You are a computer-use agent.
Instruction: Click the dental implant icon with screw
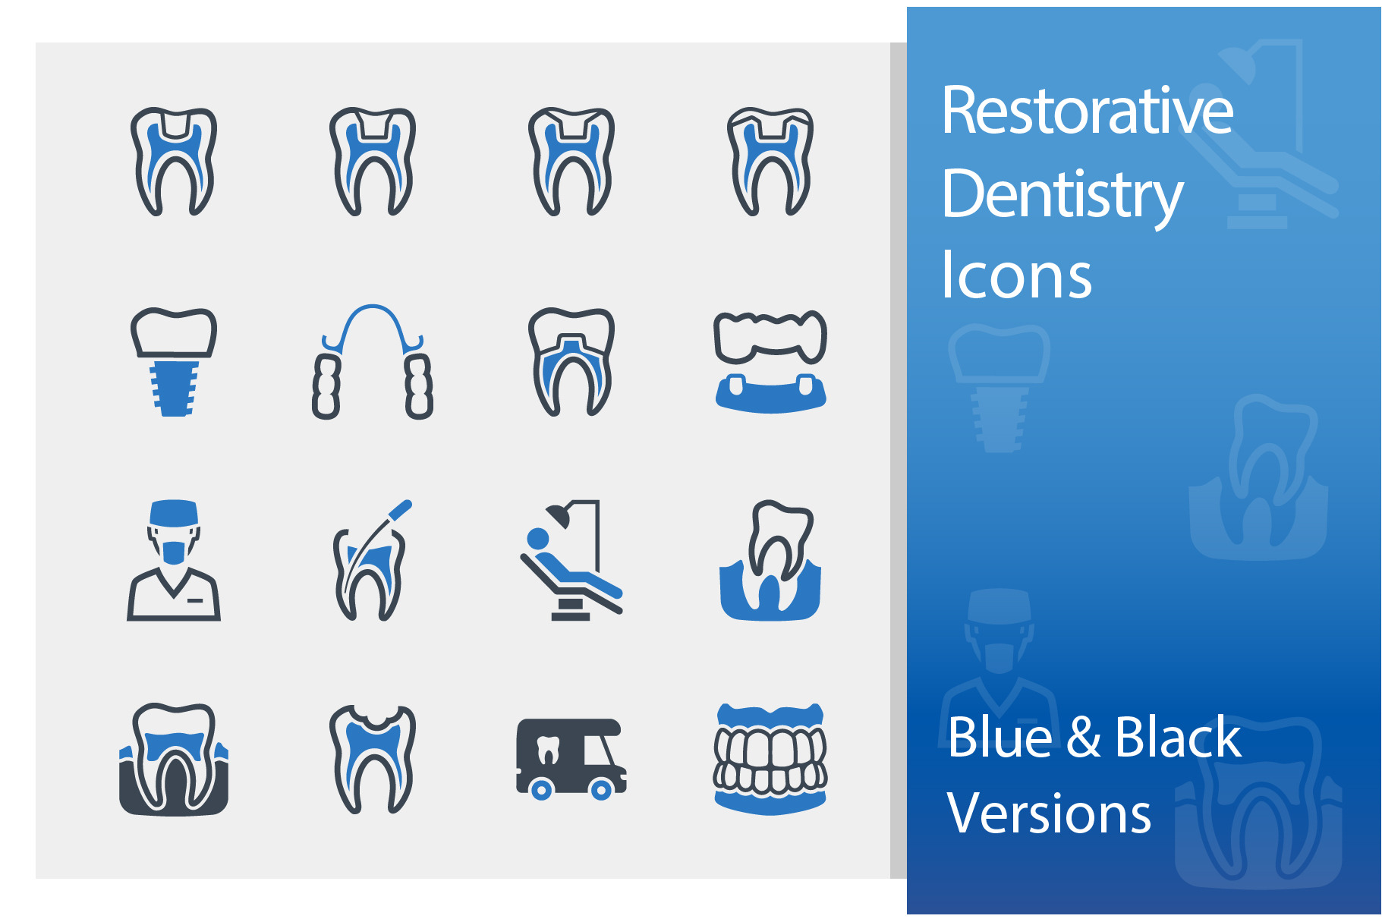pos(174,361)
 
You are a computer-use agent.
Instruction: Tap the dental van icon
pos(571,758)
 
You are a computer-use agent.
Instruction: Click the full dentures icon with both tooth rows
pos(770,758)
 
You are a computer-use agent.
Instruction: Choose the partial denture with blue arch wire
pos(372,361)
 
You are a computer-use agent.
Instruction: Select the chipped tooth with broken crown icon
pos(372,758)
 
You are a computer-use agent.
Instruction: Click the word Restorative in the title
pos(1087,112)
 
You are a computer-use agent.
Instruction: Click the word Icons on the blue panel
pos(1015,275)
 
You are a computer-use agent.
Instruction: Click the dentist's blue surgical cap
pos(174,512)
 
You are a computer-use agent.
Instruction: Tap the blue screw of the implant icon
pos(174,388)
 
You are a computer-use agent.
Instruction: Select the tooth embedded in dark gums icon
pos(174,758)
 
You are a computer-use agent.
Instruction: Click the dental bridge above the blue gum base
pos(770,338)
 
